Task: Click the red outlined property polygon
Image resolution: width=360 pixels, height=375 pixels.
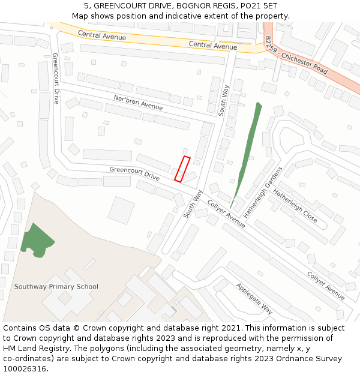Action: tap(182, 169)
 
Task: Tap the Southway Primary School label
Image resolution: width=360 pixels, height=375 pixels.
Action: tap(56, 286)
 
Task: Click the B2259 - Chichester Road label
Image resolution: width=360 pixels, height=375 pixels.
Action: tap(297, 56)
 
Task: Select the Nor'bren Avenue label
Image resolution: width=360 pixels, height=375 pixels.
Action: tap(138, 102)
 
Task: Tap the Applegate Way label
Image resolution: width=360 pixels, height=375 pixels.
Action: tap(254, 298)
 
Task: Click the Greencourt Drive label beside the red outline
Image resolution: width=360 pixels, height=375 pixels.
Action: tap(134, 173)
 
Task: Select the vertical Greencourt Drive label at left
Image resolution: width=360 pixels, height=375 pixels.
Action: tap(55, 78)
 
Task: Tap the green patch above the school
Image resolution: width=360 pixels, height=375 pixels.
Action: tap(37, 240)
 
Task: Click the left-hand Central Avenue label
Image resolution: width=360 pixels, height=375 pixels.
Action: tap(102, 37)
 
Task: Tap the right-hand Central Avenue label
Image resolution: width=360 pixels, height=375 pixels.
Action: tap(213, 46)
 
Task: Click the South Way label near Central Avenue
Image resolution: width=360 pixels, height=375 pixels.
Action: tap(224, 100)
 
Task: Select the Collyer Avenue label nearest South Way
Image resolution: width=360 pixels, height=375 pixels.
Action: tap(226, 214)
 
